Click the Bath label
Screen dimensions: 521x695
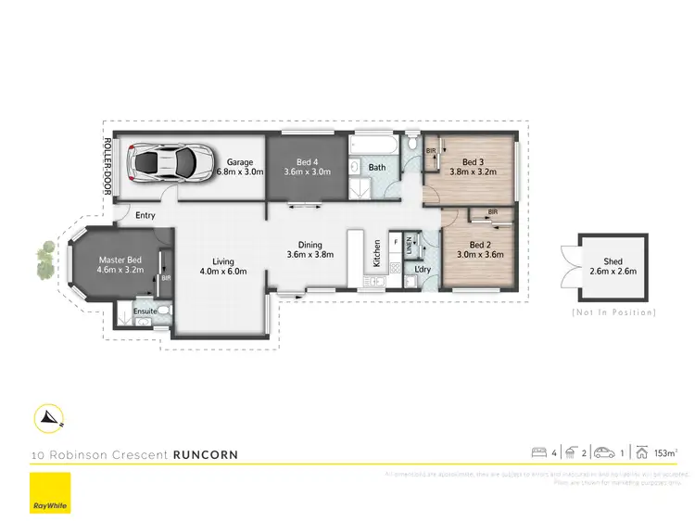tap(377, 168)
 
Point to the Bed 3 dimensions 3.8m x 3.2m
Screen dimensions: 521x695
tap(474, 171)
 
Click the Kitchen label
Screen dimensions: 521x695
tap(377, 254)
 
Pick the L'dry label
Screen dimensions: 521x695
tap(423, 270)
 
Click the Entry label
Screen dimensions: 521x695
tap(145, 215)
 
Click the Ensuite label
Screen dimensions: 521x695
tap(145, 311)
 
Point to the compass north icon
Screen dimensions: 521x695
tap(49, 418)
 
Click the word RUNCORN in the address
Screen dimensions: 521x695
tap(206, 454)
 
